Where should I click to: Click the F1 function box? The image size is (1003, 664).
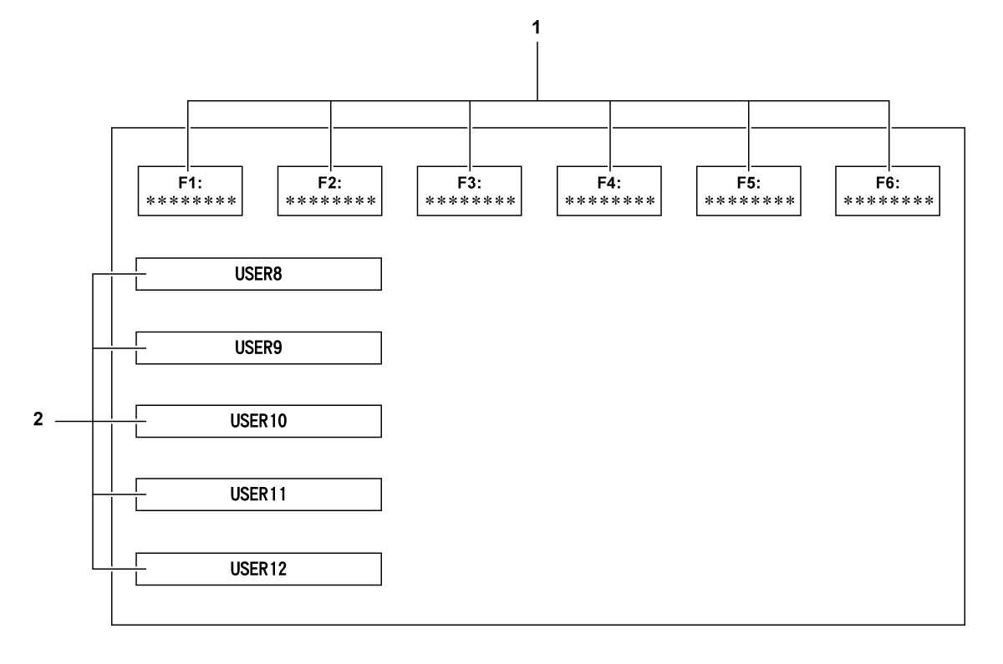[x=190, y=190]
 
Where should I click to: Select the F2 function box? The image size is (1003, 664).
[x=329, y=190]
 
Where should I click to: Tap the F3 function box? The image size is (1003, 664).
[x=469, y=190]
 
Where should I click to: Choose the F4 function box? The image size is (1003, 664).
[x=609, y=190]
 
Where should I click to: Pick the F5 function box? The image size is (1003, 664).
[x=749, y=190]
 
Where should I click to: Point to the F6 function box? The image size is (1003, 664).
[x=888, y=190]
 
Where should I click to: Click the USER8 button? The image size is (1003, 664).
[x=258, y=274]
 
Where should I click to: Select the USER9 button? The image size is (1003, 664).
[x=258, y=347]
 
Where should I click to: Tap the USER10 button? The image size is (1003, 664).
[x=258, y=421]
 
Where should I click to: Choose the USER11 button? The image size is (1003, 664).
[x=258, y=494]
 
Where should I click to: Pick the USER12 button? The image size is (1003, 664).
[x=258, y=568]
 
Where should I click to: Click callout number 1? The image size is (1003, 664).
[x=537, y=27]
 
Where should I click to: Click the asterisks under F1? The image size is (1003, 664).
[x=190, y=201]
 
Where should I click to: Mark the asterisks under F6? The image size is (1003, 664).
[x=888, y=201]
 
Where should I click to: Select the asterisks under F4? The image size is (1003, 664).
[x=609, y=201]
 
